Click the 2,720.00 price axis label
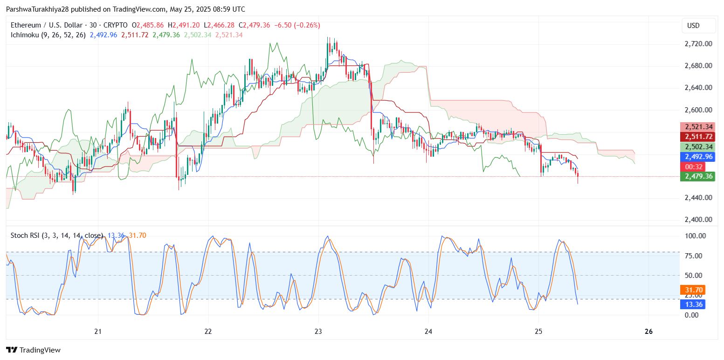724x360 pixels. coord(698,44)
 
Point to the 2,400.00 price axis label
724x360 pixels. coord(698,220)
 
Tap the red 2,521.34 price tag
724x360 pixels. coord(697,127)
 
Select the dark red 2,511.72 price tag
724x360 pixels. coord(697,137)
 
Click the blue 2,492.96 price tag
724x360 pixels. coord(697,157)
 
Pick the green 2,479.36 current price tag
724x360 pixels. coord(697,176)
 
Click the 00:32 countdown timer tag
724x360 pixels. coord(692,166)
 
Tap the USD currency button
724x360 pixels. coord(693,26)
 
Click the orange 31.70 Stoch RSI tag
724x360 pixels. coord(693,290)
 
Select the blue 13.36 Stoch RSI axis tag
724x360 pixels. coord(693,305)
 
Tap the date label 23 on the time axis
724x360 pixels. coord(318,332)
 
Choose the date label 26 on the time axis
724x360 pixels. coord(648,332)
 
